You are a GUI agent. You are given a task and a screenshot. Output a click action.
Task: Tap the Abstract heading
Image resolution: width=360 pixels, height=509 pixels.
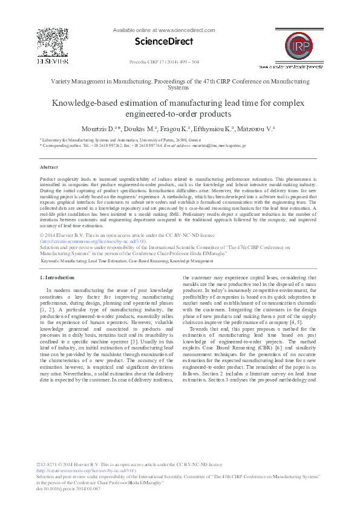48,167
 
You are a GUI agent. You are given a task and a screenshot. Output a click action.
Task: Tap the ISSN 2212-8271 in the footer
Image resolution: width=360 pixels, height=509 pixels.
50,464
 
